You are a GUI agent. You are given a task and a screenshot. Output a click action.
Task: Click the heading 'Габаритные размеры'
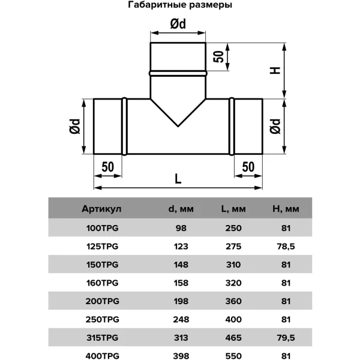coord(180,5)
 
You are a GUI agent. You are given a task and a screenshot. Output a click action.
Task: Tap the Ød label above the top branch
coord(178,23)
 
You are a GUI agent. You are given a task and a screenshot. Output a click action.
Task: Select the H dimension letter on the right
coord(275,70)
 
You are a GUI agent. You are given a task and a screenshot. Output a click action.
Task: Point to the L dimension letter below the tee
coord(178,179)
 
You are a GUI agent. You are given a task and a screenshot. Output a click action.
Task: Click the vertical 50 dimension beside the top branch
coord(218,56)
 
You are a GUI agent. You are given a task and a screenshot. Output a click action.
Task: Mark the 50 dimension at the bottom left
coord(107,167)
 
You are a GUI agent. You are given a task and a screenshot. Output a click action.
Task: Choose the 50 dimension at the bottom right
coord(248,167)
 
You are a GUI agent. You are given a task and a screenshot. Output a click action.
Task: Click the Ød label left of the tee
coord(75,126)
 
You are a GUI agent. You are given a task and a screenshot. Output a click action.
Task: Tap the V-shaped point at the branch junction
coord(178,126)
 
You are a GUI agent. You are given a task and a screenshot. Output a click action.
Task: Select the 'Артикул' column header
coord(101,209)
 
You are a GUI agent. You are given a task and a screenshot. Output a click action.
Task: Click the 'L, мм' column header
coord(233,209)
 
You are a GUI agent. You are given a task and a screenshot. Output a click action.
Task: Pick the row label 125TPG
coord(103,247)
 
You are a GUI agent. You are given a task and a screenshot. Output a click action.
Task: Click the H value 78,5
coord(286,247)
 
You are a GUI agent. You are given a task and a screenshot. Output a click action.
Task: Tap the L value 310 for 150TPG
coord(233,265)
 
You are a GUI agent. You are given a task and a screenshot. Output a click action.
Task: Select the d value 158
coord(181,283)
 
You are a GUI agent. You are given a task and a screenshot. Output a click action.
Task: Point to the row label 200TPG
coord(103,301)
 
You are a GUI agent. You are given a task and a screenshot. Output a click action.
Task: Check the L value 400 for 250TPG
coord(233,319)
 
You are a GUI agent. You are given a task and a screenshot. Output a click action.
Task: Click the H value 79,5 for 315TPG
coord(286,337)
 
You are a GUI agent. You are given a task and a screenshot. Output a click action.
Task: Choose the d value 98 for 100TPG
coord(181,228)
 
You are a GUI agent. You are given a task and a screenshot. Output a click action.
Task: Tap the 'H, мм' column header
coord(286,209)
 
